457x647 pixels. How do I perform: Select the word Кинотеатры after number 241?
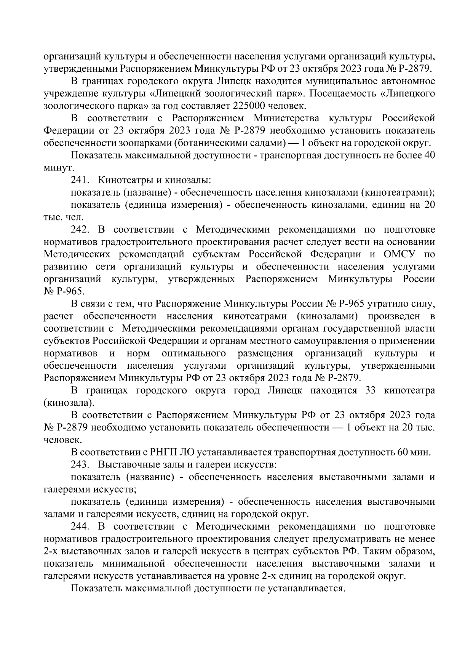pos(121,180)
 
